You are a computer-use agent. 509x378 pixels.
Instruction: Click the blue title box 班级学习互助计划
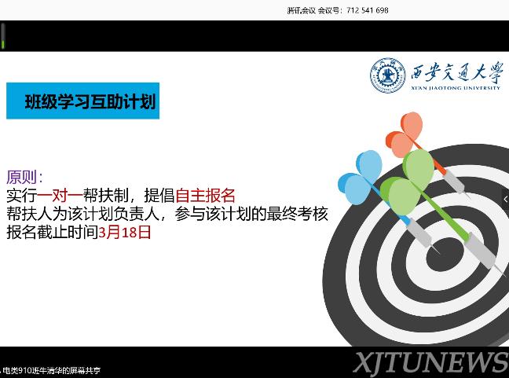82,101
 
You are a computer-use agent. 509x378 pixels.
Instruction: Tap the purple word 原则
21,178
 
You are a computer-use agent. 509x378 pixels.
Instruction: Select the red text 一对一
60,196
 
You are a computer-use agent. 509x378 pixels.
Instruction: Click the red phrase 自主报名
205,196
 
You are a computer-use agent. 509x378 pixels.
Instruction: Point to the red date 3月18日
125,233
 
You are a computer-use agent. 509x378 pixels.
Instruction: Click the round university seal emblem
388,75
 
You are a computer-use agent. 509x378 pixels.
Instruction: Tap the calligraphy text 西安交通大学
456,72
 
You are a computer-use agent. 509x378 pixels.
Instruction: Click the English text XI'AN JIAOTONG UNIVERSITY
456,88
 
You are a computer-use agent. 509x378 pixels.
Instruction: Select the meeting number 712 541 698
367,10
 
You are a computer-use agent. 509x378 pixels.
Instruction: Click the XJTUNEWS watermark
431,362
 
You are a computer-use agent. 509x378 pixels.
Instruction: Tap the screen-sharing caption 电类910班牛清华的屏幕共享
52,370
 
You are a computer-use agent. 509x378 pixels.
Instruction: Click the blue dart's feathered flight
361,178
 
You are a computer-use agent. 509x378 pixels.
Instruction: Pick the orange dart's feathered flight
405,134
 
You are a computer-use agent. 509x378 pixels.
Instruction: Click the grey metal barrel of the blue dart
419,233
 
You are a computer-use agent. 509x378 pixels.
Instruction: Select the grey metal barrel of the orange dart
454,181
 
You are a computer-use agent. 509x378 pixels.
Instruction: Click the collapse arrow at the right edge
505,199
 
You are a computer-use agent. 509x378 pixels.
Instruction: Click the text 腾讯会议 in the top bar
302,10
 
